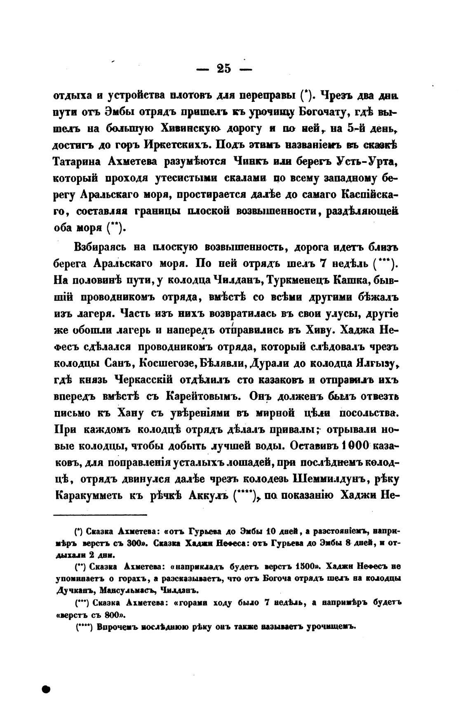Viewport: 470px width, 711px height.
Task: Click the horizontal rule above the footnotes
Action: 101,515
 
